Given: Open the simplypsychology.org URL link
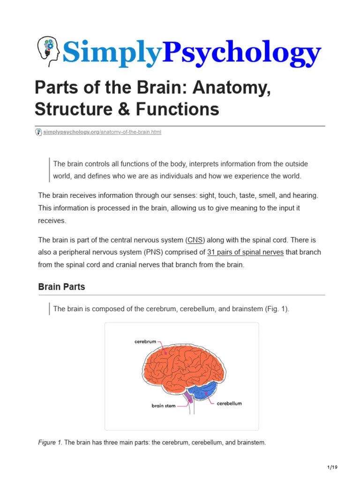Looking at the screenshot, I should (102, 132).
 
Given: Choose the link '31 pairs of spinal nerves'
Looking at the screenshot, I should (245, 252).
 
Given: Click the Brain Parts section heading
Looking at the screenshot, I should (61, 287).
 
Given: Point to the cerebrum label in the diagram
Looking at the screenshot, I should (145, 342).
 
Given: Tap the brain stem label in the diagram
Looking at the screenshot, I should (163, 405).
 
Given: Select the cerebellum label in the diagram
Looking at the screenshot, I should (229, 403).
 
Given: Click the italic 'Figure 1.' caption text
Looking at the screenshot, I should (50, 442).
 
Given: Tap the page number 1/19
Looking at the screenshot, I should (332, 467).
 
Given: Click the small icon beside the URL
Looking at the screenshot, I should (38, 132).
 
